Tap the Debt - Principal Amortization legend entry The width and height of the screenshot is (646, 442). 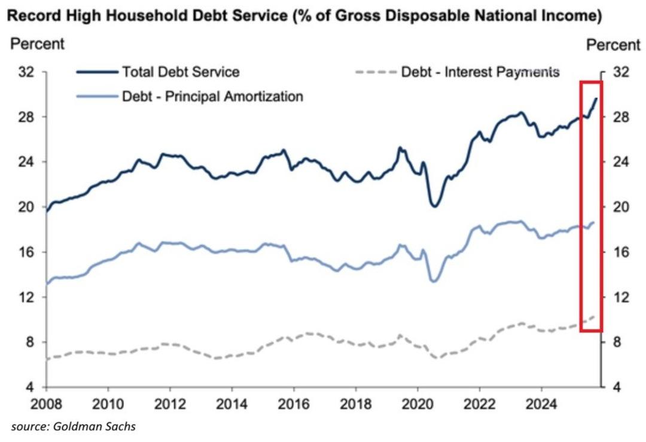[212, 96]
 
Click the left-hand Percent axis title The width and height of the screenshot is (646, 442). [38, 44]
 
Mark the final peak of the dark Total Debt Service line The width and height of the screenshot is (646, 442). [596, 98]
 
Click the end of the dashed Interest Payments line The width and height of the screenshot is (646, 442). [594, 316]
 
